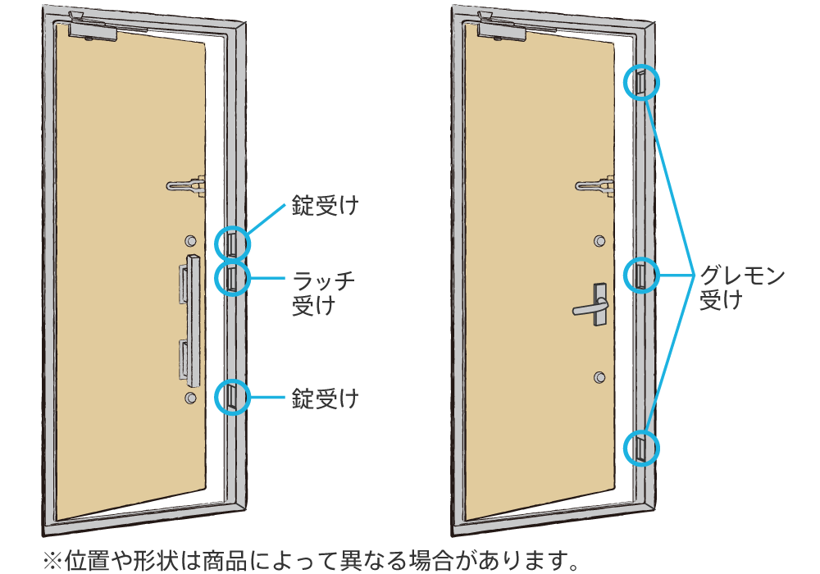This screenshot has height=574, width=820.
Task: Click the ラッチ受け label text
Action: (324, 293)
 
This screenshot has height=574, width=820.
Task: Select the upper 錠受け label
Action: (326, 206)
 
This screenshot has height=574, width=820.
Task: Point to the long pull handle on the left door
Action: (192, 320)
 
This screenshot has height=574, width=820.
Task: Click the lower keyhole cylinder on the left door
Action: (190, 398)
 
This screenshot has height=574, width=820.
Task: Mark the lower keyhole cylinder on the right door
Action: (600, 376)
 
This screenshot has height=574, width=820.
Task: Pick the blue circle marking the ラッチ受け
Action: (231, 277)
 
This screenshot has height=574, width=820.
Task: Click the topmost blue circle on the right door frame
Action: (643, 82)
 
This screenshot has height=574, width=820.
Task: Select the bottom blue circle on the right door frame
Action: (643, 448)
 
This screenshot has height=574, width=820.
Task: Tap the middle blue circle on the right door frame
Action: (643, 276)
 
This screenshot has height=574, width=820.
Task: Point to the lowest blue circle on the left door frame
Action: (231, 398)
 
